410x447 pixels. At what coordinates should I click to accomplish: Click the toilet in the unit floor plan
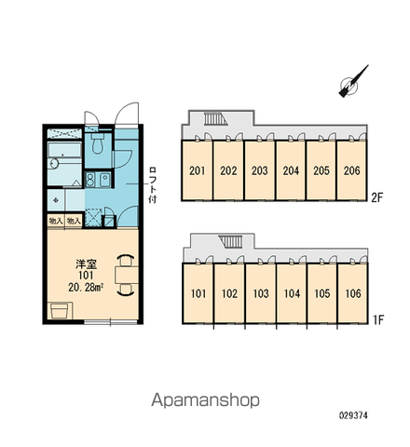pyautogui.click(x=97, y=143)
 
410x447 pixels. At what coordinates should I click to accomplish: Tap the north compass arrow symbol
pyautogui.click(x=353, y=81)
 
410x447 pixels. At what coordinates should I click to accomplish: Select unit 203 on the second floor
pyautogui.click(x=260, y=170)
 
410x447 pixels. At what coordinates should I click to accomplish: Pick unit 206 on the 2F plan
pyautogui.click(x=351, y=170)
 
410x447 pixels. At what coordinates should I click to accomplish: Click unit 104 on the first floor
pyautogui.click(x=292, y=293)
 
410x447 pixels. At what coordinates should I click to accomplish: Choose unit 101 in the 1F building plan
pyautogui.click(x=198, y=293)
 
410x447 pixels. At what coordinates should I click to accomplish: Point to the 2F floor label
pyautogui.click(x=377, y=197)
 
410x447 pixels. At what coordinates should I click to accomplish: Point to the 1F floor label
pyautogui.click(x=378, y=319)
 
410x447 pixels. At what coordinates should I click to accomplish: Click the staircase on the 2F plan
pyautogui.click(x=215, y=119)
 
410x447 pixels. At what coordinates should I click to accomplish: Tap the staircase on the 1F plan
pyautogui.click(x=230, y=242)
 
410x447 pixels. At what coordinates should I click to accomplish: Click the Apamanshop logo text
pyautogui.click(x=205, y=400)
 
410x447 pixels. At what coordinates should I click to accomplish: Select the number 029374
pyautogui.click(x=353, y=415)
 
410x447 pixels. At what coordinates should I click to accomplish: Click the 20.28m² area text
pyautogui.click(x=86, y=288)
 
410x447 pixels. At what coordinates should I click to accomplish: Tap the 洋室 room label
pyautogui.click(x=86, y=264)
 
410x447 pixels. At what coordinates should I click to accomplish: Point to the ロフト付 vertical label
pyautogui.click(x=153, y=185)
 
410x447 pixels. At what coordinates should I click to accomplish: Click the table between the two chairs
pyautogui.click(x=127, y=275)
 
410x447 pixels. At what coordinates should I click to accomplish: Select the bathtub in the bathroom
pyautogui.click(x=64, y=150)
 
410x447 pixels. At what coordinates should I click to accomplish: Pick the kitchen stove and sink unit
pyautogui.click(x=98, y=180)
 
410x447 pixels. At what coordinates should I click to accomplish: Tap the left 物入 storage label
pyautogui.click(x=56, y=221)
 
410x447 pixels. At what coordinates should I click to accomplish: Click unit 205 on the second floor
pyautogui.click(x=321, y=170)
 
